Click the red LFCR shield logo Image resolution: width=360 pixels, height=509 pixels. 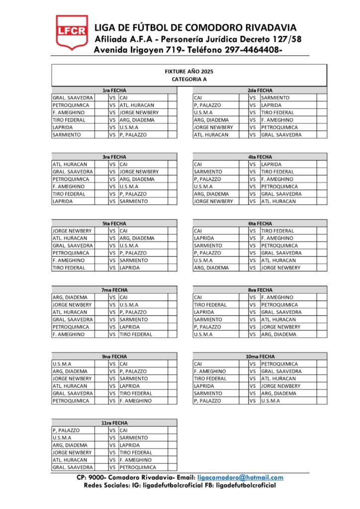72,32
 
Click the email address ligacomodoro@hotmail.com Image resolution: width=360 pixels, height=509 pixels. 240,477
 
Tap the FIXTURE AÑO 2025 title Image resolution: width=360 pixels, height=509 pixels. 189,72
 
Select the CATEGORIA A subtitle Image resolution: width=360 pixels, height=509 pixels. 189,79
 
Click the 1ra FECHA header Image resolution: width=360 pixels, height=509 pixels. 114,90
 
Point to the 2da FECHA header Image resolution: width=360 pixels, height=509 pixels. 260,90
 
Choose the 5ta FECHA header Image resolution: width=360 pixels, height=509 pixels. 114,224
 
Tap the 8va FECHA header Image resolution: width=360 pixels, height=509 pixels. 260,290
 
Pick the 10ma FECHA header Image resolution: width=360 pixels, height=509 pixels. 260,356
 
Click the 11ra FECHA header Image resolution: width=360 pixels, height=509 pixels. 114,423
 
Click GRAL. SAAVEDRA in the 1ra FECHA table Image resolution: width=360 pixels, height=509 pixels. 73,98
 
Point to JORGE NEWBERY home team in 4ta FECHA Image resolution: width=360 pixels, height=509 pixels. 213,201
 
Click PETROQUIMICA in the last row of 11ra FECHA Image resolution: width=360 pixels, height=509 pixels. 138,467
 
